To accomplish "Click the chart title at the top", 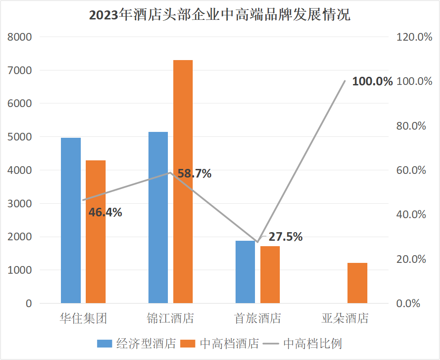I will pyautogui.click(x=220, y=15).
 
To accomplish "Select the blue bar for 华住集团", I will pyautogui.click(x=71, y=220).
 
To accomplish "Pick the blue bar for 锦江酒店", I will pyautogui.click(x=158, y=217).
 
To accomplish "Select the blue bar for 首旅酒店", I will pyautogui.click(x=245, y=272).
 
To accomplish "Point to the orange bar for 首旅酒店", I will pyautogui.click(x=270, y=275).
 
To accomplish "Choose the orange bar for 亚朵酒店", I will pyautogui.click(x=357, y=283).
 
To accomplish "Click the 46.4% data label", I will pyautogui.click(x=105, y=212).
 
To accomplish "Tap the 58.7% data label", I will pyautogui.click(x=195, y=173).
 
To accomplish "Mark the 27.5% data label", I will pyautogui.click(x=286, y=237).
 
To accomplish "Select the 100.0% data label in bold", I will pyautogui.click(x=372, y=82).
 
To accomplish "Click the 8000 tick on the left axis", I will pyautogui.click(x=20, y=37).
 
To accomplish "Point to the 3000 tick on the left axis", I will pyautogui.click(x=20, y=204).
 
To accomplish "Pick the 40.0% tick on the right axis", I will pyautogui.click(x=411, y=215).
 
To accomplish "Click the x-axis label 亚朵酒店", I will pyautogui.click(x=345, y=318).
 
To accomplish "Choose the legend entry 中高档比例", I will pyautogui.click(x=312, y=344).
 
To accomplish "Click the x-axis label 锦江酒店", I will pyautogui.click(x=171, y=318).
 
